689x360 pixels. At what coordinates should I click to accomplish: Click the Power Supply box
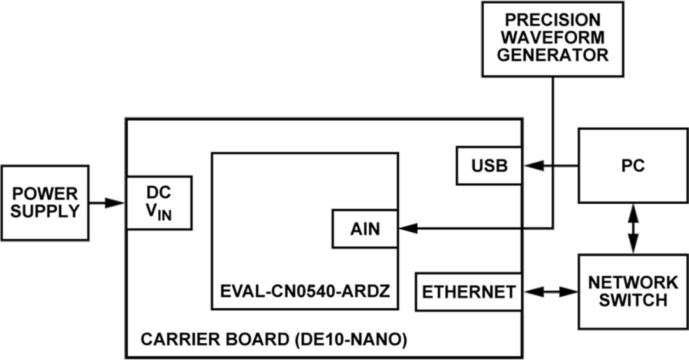tap(45, 202)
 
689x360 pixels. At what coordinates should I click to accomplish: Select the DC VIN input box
tap(159, 202)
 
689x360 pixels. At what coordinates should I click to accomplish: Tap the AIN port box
tap(365, 229)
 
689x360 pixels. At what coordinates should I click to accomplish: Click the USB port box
tap(489, 166)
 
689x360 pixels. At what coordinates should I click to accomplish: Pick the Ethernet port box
tap(468, 292)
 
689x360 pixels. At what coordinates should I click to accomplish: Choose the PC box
tap(632, 166)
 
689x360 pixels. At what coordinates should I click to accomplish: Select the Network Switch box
tap(632, 291)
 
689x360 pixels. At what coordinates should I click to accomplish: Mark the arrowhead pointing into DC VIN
tap(116, 202)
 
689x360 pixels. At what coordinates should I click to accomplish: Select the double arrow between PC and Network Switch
tap(633, 229)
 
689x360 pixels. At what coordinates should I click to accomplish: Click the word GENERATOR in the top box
tap(552, 55)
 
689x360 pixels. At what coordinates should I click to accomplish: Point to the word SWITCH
tap(633, 300)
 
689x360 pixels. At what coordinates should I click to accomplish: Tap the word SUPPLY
tap(45, 211)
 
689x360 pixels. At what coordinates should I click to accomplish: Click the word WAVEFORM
tap(552, 37)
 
